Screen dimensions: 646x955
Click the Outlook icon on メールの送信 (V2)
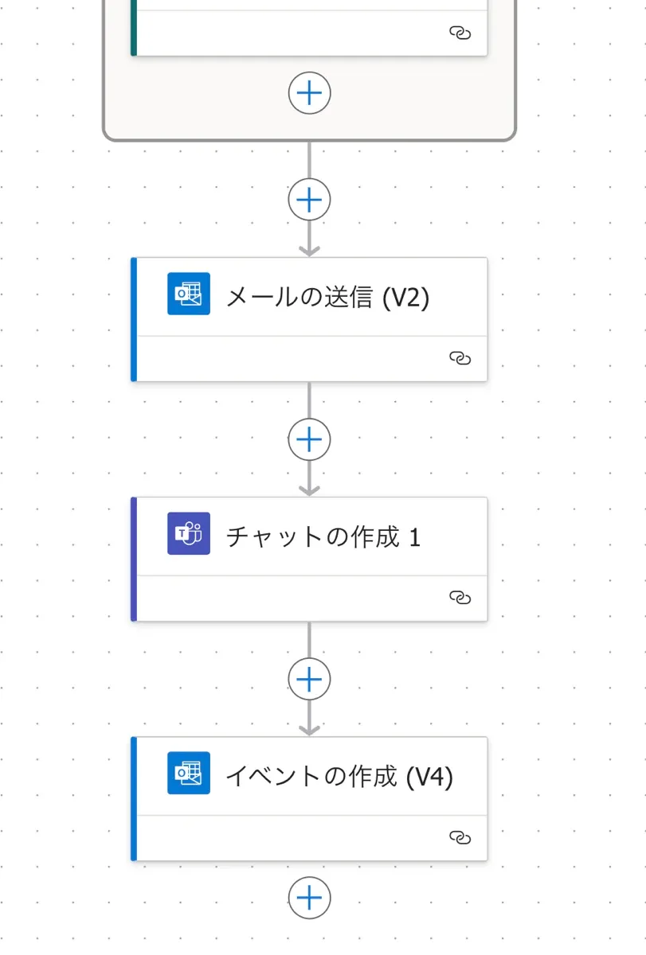point(189,294)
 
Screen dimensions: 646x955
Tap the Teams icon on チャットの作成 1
point(189,533)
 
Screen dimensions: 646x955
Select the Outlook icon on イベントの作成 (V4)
point(189,773)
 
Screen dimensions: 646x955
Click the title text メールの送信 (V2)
point(327,297)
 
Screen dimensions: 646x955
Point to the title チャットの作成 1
point(323,536)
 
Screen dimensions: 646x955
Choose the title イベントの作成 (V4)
point(339,777)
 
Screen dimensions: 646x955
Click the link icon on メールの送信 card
point(460,358)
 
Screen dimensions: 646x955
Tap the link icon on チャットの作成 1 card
point(460,598)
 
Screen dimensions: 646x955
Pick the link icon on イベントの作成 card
point(460,838)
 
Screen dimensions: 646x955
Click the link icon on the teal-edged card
point(460,33)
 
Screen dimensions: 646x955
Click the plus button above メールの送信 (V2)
point(309,200)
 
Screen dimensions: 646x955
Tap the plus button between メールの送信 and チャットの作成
point(309,439)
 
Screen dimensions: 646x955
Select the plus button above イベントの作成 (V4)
point(309,679)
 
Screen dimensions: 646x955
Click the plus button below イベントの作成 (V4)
point(309,898)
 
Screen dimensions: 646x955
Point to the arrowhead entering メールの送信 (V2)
point(309,251)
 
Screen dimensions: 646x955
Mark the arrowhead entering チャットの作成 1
point(309,491)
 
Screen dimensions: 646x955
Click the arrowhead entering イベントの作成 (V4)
point(309,731)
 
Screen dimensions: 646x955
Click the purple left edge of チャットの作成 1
point(134,559)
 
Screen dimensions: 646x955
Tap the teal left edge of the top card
point(134,28)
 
